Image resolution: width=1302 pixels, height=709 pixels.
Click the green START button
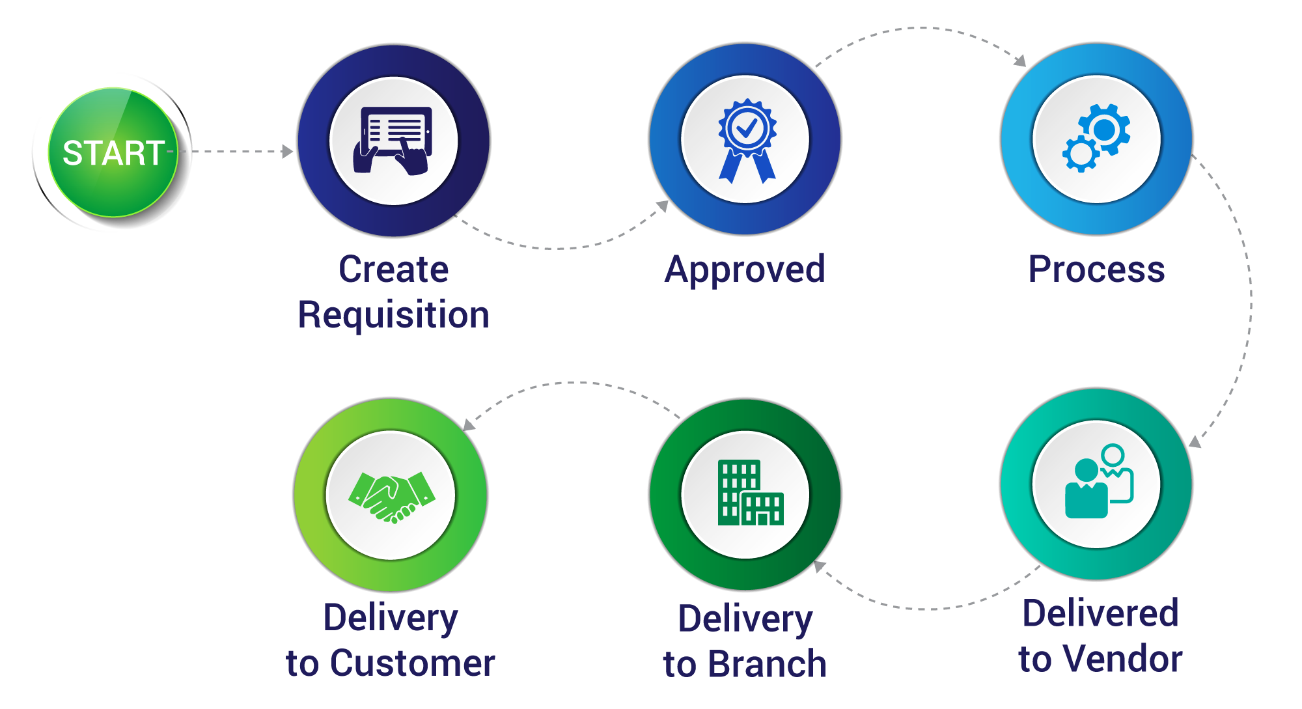pyautogui.click(x=113, y=152)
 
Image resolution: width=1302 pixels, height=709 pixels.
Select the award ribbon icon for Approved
pyautogui.click(x=746, y=140)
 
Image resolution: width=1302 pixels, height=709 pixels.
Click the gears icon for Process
pyautogui.click(x=1096, y=139)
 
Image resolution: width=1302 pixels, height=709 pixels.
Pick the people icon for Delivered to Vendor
pyautogui.click(x=1098, y=483)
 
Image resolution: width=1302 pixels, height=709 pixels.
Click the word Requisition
pyautogui.click(x=393, y=315)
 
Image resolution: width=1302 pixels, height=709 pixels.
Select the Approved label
pyautogui.click(x=745, y=270)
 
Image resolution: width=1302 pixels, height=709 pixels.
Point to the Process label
pyautogui.click(x=1096, y=270)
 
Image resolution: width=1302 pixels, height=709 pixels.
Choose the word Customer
pyautogui.click(x=413, y=663)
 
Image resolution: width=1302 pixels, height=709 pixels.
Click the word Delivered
pyautogui.click(x=1100, y=613)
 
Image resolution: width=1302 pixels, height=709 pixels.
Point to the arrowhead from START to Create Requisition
pyautogui.click(x=287, y=152)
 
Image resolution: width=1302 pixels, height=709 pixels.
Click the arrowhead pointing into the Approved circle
pyautogui.click(x=663, y=206)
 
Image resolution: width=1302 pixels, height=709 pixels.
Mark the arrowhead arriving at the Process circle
pyautogui.click(x=1019, y=61)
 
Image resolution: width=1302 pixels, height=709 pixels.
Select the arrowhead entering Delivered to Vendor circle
pyautogui.click(x=1195, y=441)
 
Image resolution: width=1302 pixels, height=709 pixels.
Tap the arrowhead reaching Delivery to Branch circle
pyautogui.click(x=820, y=566)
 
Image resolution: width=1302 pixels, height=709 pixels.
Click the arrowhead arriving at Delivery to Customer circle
pyautogui.click(x=468, y=424)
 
